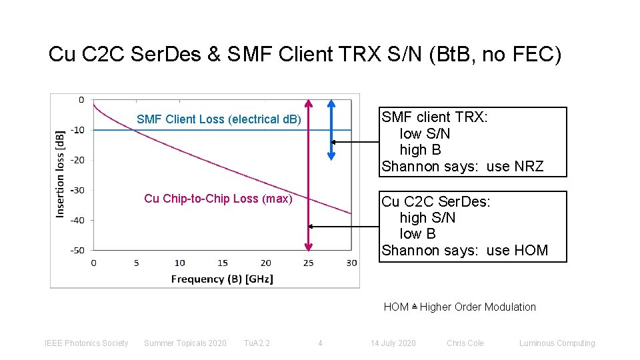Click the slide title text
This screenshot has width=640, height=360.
pos(305,55)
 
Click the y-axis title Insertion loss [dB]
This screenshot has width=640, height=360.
pos(61,173)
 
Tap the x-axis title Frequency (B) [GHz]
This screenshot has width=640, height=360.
pos(222,279)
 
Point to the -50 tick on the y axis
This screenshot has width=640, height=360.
pos(78,250)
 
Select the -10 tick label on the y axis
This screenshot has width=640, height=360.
pos(78,130)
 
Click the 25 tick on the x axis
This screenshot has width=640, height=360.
pos(308,263)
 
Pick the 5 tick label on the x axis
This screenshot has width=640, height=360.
pos(136,263)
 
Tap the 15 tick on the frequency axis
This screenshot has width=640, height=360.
pos(222,263)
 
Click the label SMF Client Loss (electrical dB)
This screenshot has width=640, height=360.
pos(219,120)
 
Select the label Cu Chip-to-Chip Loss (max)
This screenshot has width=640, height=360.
pos(218,199)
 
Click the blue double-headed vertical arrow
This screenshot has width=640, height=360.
pos(331,130)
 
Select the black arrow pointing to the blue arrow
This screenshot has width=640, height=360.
pos(355,142)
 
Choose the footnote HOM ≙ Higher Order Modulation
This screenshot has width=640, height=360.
pos(459,307)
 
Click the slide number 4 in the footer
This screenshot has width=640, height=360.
pos(320,343)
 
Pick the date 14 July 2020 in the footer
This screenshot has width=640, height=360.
pos(393,343)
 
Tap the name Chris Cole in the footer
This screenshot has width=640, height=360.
pos(465,343)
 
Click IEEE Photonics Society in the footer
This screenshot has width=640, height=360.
pos(86,343)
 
